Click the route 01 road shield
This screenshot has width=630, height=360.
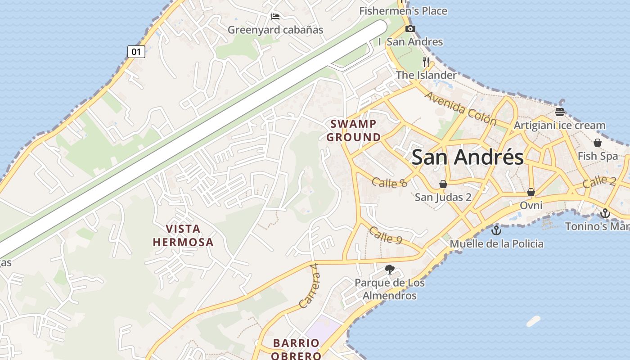coord(136,52)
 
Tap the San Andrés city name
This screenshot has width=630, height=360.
coord(468,157)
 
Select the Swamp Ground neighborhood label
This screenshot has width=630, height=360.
coord(354,130)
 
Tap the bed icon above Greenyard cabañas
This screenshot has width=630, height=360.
coord(275,17)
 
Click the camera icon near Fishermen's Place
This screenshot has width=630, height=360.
coord(410,29)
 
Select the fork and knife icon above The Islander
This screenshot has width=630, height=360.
coord(426,62)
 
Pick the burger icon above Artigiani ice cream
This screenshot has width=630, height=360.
coord(560,112)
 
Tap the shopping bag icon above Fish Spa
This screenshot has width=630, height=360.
coord(598,143)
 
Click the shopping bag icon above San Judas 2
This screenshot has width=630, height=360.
coord(443,184)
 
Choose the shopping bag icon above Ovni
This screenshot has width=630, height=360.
coord(531,192)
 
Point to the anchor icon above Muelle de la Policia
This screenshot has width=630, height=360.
coord(496,230)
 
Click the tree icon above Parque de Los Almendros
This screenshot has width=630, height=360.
coord(390,270)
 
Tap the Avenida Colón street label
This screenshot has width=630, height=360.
coord(460,108)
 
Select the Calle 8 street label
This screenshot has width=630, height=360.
coord(390,182)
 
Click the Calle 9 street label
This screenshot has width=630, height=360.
coord(385,235)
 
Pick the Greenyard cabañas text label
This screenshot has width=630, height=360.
coord(275,30)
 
